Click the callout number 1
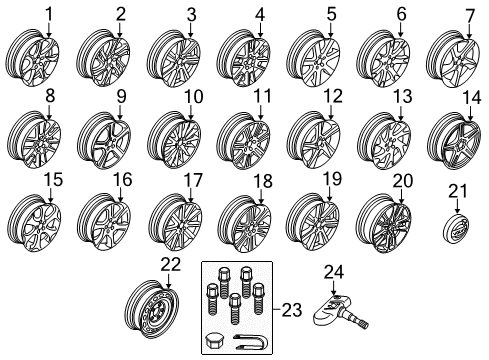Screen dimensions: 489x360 point(49,15)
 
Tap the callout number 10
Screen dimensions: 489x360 point(193,97)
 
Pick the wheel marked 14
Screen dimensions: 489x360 point(454,141)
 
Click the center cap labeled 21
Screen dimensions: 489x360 point(457,229)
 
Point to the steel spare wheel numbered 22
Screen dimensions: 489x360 point(153,310)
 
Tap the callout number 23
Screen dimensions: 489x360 point(292,310)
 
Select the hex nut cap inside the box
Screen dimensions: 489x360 point(214,340)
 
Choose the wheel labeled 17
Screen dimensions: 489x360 point(175,222)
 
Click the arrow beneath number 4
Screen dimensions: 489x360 point(260,29)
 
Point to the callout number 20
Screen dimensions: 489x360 point(403,181)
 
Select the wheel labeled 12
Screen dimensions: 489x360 point(313,140)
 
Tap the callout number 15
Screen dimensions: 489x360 point(53,180)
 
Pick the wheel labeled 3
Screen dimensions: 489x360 point(174,59)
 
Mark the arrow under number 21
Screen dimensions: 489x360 point(457,206)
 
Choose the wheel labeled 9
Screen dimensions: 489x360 point(104,141)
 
